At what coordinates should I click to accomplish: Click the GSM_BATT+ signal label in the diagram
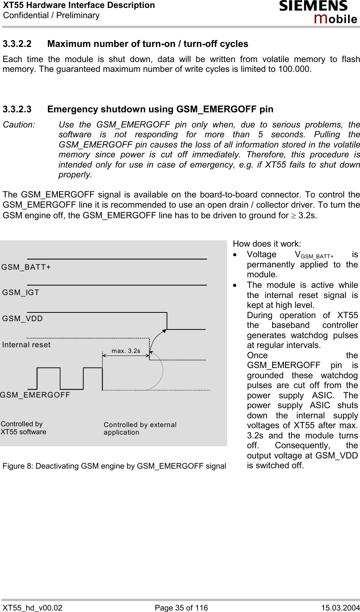(26, 267)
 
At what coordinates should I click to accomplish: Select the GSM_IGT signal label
(21, 292)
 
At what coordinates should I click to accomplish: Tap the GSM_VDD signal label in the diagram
(23, 318)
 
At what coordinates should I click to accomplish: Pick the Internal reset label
(26, 345)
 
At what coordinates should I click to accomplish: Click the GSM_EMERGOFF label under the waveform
(35, 395)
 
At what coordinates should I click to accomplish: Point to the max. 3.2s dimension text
(126, 351)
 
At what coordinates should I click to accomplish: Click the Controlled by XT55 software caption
(23, 428)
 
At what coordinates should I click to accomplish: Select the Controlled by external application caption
(140, 428)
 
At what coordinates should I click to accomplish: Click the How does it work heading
(267, 244)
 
